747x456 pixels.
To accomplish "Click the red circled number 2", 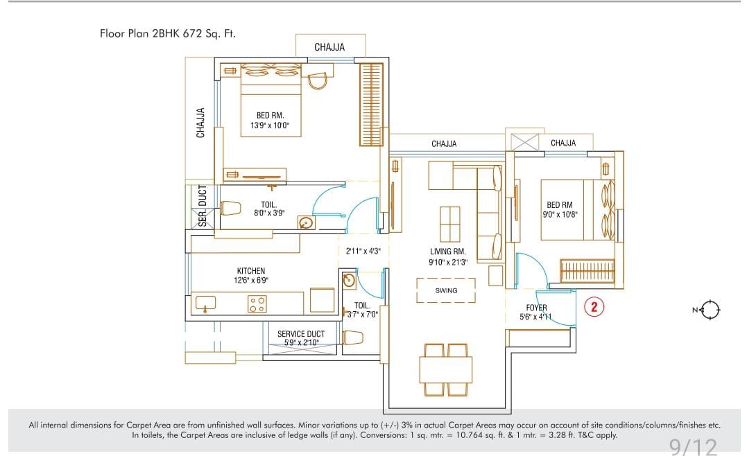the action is point(594,306).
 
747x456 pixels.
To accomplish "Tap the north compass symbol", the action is point(708,310).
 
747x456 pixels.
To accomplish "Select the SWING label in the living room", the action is point(446,290).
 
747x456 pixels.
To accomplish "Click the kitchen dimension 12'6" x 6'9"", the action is point(250,281).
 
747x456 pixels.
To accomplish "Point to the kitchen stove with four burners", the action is point(257,304).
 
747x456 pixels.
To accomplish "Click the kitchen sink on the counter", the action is point(205,303).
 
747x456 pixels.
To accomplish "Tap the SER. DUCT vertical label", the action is point(203,206).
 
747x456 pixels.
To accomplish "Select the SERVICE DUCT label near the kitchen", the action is point(301,334).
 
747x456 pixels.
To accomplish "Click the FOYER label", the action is point(536,308).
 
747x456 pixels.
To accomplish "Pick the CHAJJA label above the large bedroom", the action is point(329,47).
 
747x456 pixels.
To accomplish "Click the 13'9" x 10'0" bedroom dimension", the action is point(270,125).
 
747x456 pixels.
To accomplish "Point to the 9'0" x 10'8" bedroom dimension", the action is point(560,215).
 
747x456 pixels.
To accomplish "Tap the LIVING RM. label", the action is point(448,252).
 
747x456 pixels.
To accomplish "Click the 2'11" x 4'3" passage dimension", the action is point(363,251).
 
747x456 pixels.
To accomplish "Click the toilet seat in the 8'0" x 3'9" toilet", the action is point(230,209).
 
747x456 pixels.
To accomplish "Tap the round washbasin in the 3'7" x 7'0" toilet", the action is point(349,281).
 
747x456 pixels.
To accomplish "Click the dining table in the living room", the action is point(446,369).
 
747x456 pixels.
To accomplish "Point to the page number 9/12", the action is point(693,447).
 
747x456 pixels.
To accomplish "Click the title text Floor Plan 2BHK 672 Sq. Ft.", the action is point(168,33).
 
